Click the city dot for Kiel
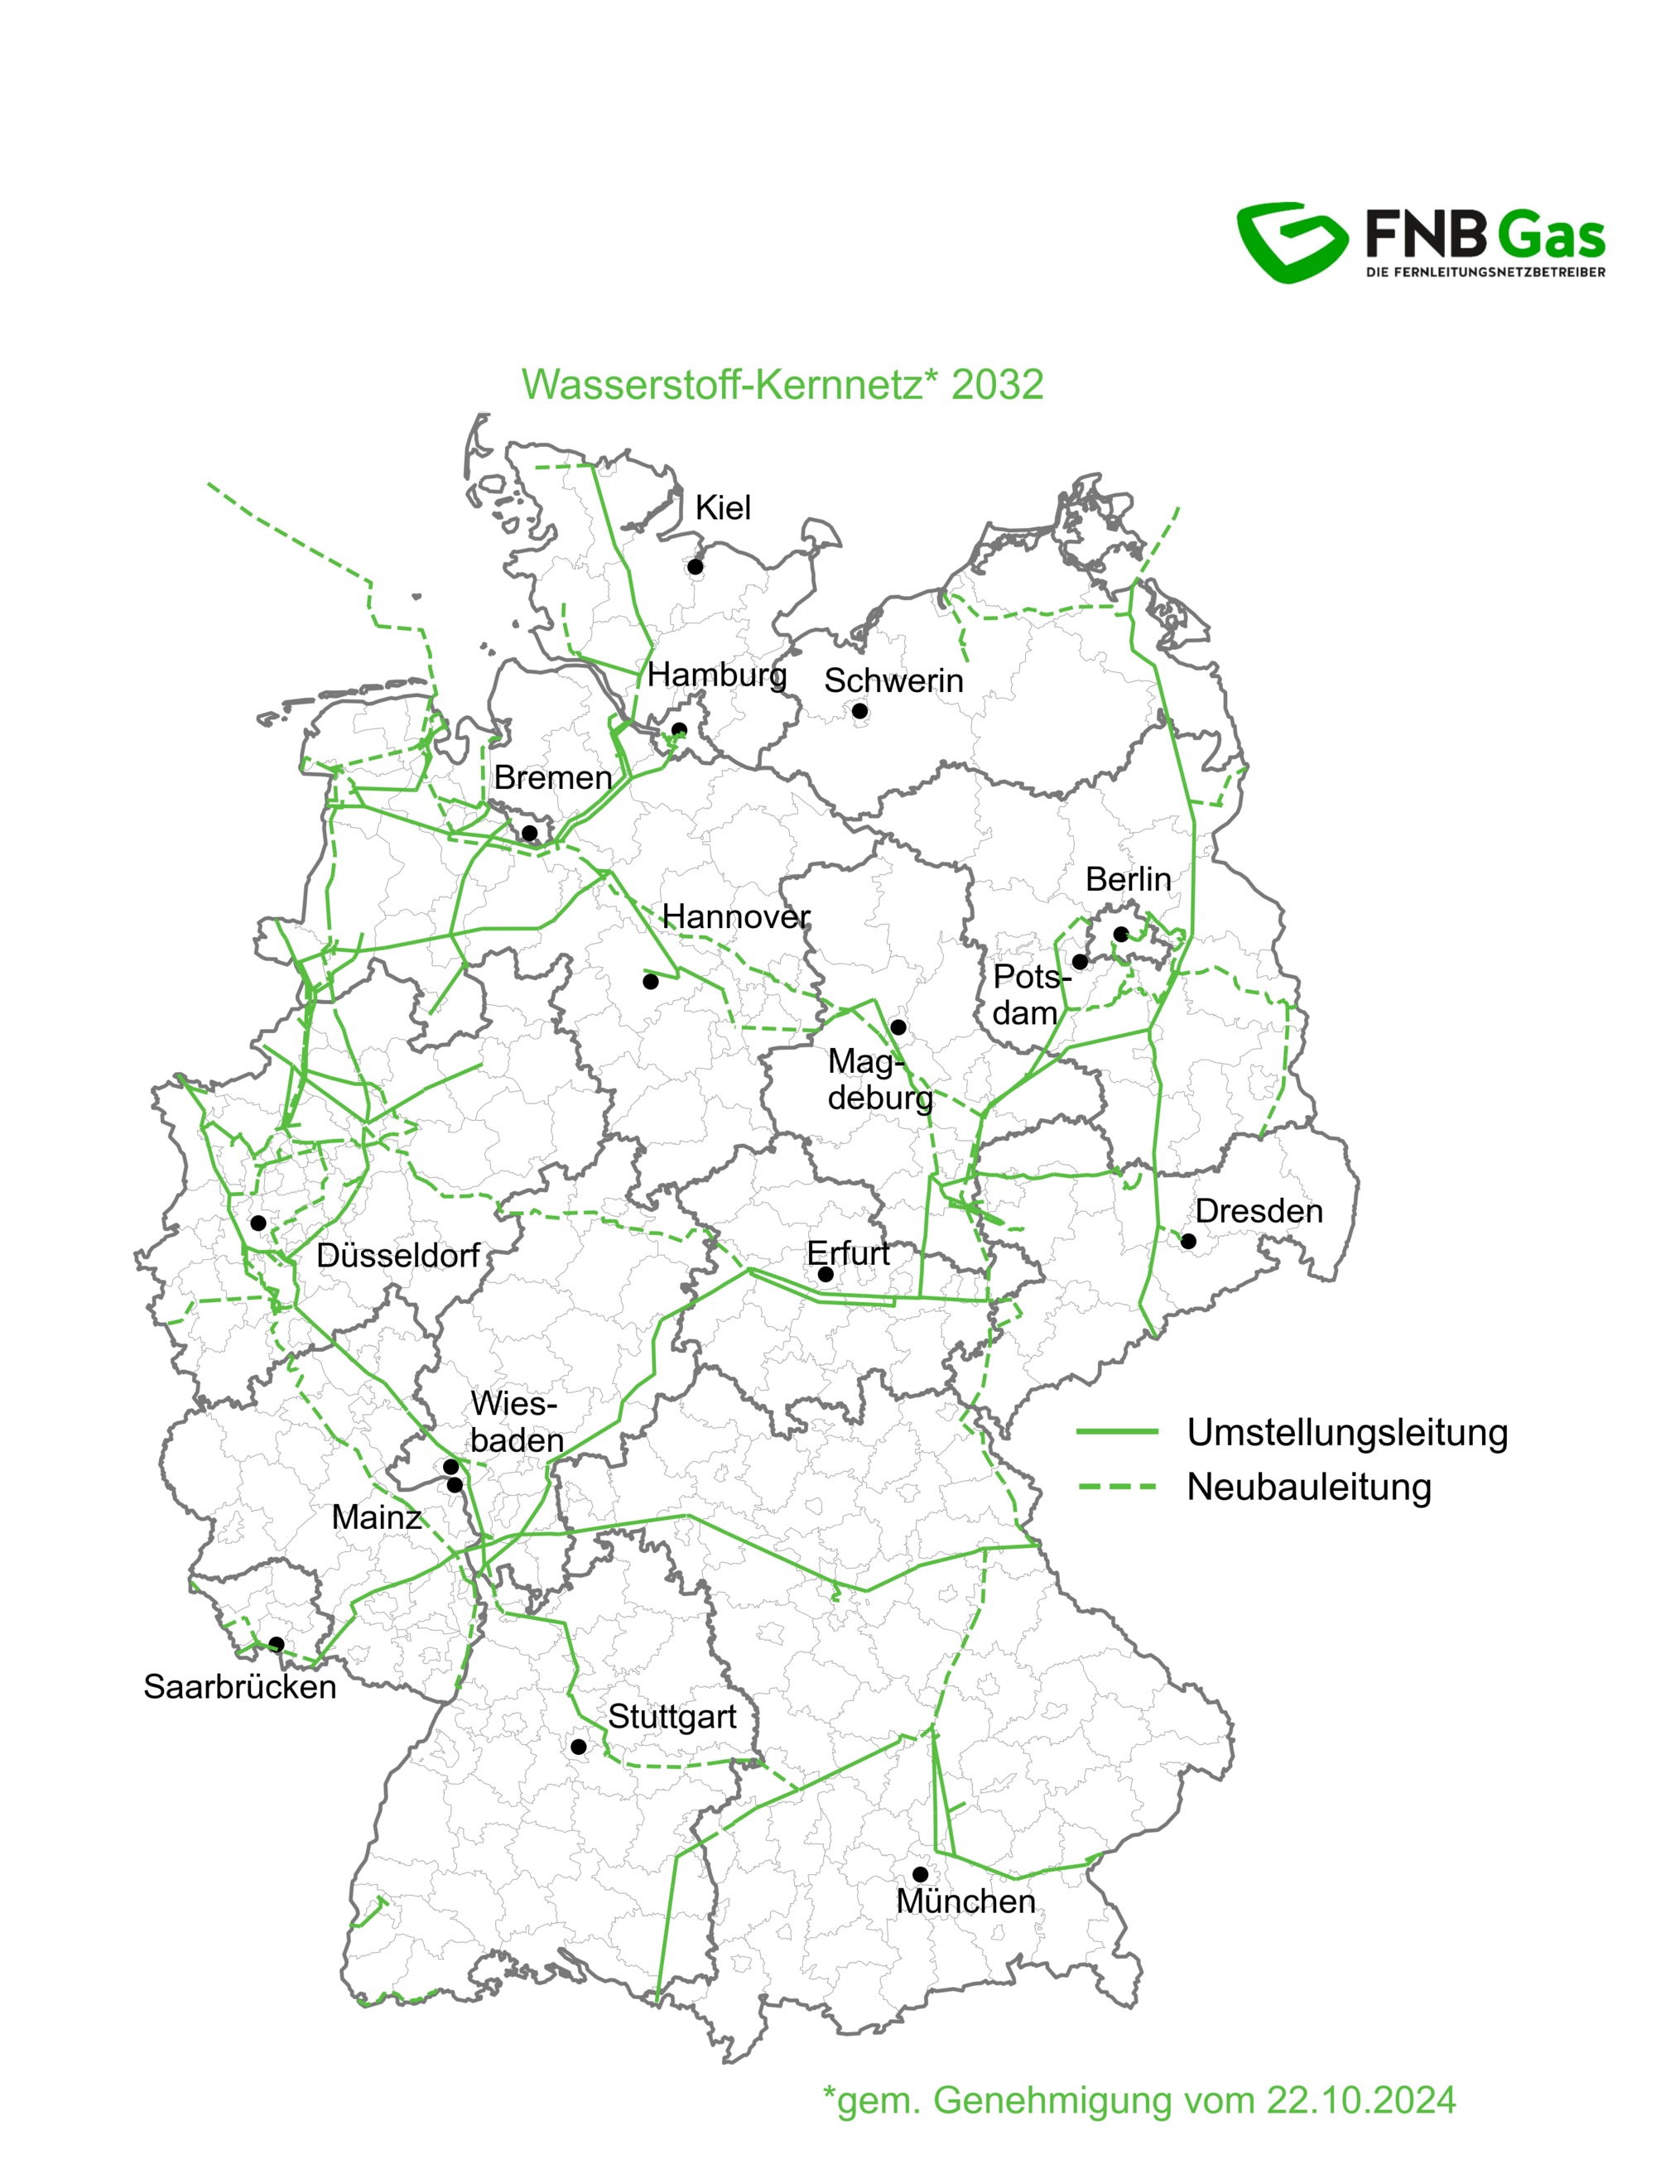point(695,567)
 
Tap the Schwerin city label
point(893,681)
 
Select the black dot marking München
point(920,1874)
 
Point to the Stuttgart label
point(672,1717)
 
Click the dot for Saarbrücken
point(277,1644)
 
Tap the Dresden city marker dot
point(1189,1242)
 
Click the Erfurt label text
point(848,1253)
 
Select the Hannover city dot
point(651,982)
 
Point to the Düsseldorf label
point(398,1256)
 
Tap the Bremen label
point(553,777)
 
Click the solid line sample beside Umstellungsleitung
point(1117,1432)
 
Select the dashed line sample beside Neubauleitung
point(1117,1487)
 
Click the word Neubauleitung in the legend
point(1308,1487)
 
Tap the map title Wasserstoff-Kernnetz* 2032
point(782,384)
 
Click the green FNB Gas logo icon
point(1292,243)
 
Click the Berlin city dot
point(1121,935)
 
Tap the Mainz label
point(377,1517)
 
